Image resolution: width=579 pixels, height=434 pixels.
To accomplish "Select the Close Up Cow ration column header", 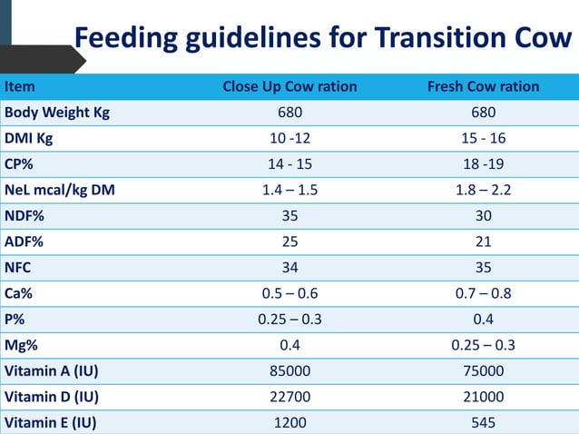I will [x=289, y=87].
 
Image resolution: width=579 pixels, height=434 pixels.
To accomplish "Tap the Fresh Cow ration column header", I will [x=483, y=87].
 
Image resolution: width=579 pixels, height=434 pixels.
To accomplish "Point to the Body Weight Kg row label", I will [x=57, y=113].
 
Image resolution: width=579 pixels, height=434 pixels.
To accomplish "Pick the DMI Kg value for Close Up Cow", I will [x=289, y=139].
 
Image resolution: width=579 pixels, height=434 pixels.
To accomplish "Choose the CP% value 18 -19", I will [x=483, y=164].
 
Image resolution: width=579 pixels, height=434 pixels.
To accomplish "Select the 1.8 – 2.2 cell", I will [x=483, y=191].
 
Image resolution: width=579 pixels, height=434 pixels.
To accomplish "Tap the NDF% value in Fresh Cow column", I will [x=483, y=216].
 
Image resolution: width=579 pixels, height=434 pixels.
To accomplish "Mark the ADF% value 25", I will [x=289, y=242].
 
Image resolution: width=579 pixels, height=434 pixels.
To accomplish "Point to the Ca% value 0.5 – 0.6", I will [x=289, y=293].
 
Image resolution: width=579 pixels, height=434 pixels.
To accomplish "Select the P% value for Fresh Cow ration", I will [x=483, y=320].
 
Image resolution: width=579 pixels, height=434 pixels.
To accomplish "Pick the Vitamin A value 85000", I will [x=289, y=370].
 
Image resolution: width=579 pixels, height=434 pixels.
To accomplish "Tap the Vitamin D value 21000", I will [x=483, y=397].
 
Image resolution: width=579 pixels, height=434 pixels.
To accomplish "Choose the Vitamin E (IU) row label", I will [x=51, y=422].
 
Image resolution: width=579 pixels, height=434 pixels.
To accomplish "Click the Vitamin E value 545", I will [x=483, y=422].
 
